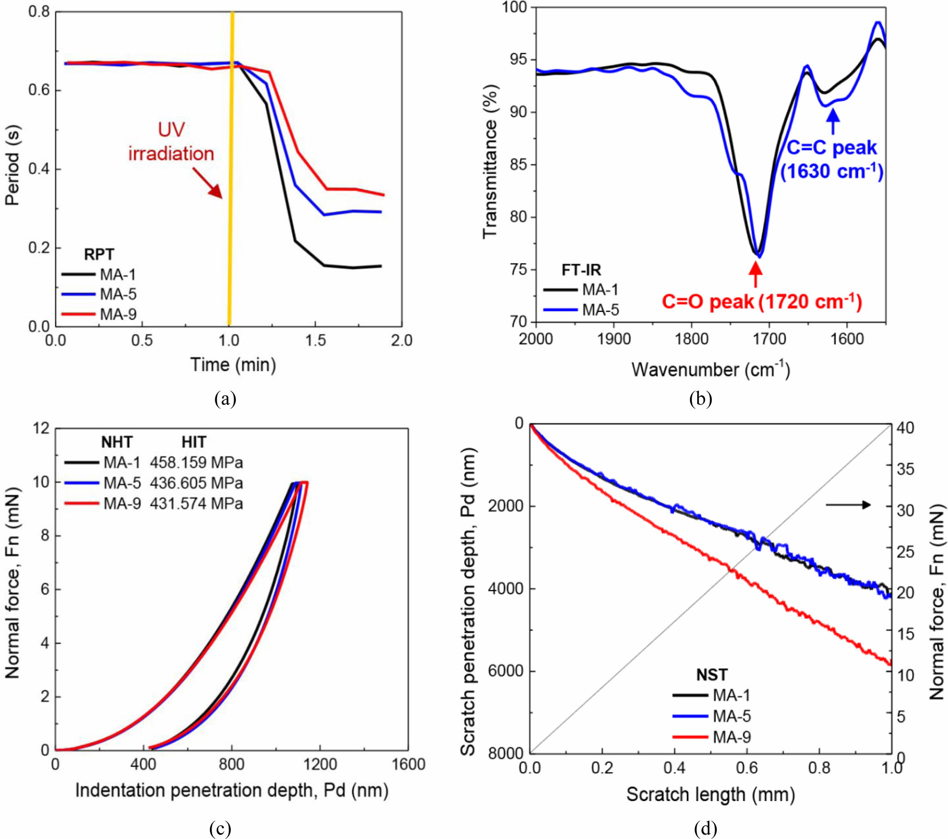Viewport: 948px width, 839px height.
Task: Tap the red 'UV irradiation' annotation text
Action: pyautogui.click(x=171, y=142)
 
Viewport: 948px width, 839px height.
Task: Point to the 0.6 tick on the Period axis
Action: pyautogui.click(x=39, y=90)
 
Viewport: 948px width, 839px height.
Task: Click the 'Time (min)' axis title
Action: pyautogui.click(x=233, y=365)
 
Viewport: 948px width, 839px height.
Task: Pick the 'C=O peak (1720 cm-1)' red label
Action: pyautogui.click(x=761, y=302)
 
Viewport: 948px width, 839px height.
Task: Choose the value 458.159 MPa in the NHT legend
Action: pyautogui.click(x=196, y=462)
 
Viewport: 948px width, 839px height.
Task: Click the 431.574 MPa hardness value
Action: pyautogui.click(x=196, y=503)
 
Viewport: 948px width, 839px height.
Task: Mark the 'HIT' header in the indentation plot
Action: pyautogui.click(x=194, y=443)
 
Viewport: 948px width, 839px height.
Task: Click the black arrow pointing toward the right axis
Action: pyautogui.click(x=848, y=505)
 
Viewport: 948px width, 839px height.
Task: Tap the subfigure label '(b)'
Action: pyautogui.click(x=700, y=399)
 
